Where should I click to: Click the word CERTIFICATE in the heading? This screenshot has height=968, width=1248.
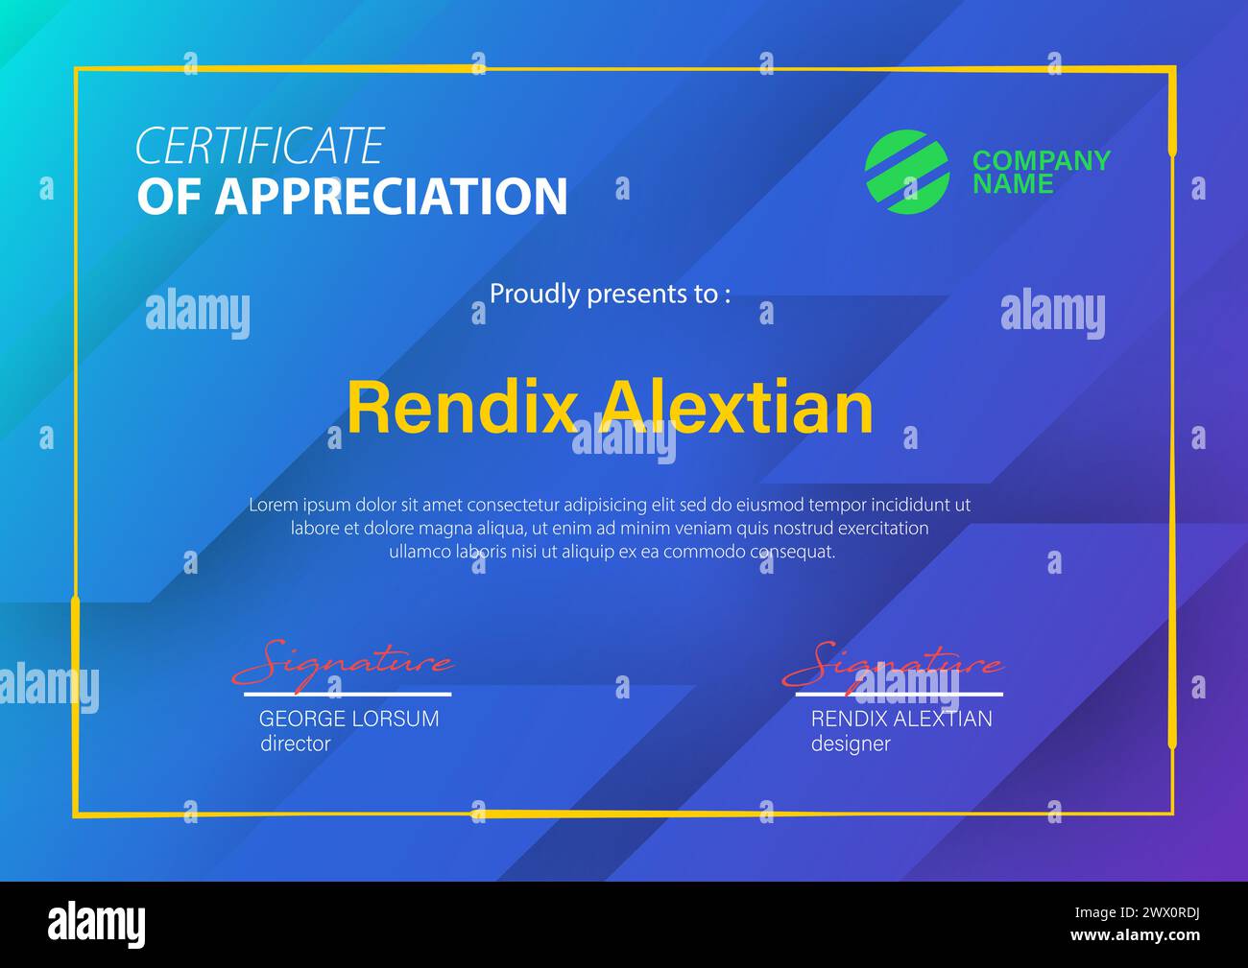[x=259, y=147]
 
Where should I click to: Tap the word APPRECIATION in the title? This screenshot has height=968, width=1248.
[x=391, y=197]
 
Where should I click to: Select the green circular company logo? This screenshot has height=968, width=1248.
[x=906, y=172]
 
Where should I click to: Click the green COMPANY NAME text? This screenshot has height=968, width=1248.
[x=1041, y=172]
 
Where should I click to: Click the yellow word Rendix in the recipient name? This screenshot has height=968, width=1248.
[x=460, y=408]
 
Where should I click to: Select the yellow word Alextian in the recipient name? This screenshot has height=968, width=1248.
[x=736, y=408]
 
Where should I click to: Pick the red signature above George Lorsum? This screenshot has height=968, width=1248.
[x=342, y=663]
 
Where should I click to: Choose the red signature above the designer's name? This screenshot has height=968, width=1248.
[x=893, y=663]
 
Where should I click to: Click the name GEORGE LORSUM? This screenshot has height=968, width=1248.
[x=348, y=719]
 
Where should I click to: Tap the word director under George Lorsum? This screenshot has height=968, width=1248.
[x=295, y=744]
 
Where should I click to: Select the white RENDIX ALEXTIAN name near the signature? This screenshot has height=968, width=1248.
[x=901, y=719]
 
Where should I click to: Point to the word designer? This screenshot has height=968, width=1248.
[x=851, y=744]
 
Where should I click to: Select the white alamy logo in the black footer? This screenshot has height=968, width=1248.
[x=97, y=924]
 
